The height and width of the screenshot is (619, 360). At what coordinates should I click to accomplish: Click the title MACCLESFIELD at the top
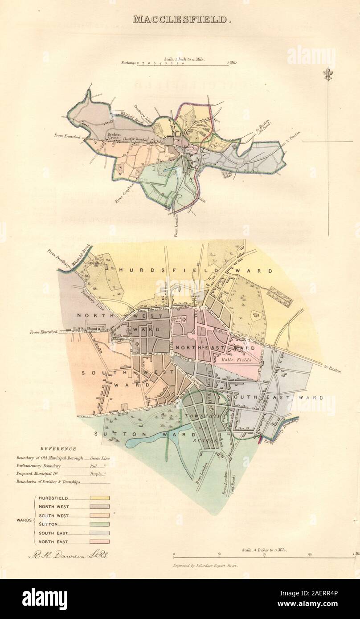click(180, 20)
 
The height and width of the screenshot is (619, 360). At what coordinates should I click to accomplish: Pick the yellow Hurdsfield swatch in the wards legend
click(99, 498)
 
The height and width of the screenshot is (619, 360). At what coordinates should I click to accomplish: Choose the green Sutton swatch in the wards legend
click(99, 525)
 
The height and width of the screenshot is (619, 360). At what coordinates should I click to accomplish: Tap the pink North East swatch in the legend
click(99, 542)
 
